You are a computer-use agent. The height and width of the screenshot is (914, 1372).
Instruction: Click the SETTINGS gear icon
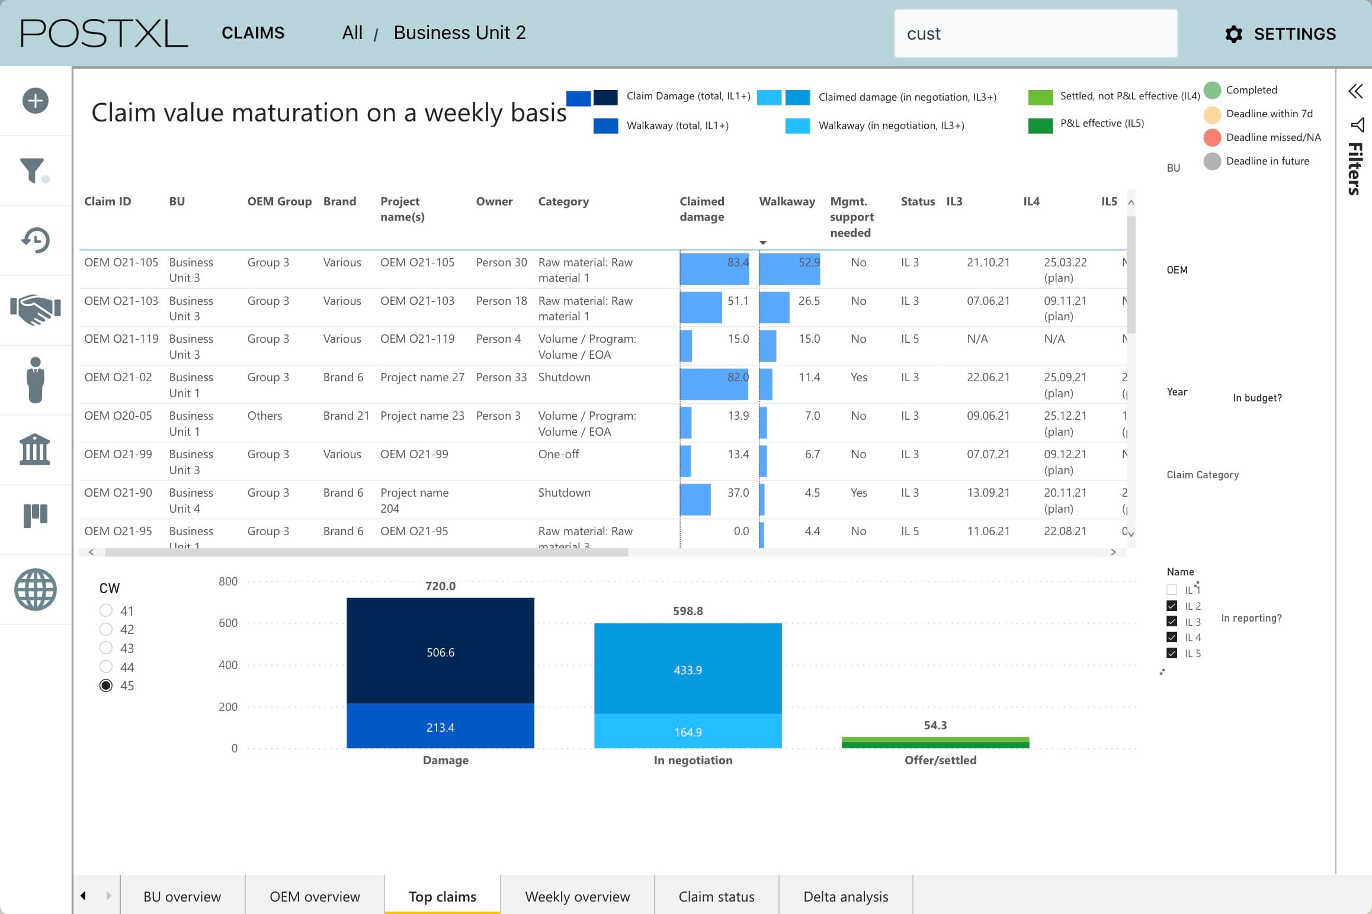pos(1233,34)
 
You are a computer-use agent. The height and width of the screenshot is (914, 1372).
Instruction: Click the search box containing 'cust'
pos(1035,34)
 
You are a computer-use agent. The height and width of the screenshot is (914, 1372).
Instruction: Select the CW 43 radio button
pos(106,648)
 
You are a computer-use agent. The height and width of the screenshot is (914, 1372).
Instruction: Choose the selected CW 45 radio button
pos(106,685)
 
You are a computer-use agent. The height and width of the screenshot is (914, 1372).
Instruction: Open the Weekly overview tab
pos(577,896)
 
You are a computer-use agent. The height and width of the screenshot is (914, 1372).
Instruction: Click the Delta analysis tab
pos(845,896)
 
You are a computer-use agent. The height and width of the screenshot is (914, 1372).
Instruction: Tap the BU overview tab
pos(182,896)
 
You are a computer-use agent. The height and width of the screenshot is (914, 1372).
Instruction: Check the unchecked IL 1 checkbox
pos(1171,590)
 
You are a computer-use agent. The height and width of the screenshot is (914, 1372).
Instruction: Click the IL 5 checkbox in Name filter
pos(1171,653)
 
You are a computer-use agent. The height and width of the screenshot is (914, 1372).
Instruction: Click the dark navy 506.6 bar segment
pos(440,651)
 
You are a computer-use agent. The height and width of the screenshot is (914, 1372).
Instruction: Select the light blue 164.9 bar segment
pos(687,732)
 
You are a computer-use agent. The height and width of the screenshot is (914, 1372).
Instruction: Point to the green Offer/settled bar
pos(935,742)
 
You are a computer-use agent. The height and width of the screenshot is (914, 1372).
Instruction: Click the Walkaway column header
pos(786,201)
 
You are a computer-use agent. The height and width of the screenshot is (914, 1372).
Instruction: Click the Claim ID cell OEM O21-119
pos(121,339)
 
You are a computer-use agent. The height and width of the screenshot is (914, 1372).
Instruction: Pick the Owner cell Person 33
pos(501,377)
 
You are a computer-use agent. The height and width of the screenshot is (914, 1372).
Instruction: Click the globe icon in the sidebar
pos(36,590)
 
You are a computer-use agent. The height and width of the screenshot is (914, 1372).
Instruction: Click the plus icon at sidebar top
pos(36,101)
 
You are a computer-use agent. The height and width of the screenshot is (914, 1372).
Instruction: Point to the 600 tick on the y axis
pos(228,623)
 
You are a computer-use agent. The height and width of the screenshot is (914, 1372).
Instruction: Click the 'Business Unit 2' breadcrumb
pos(459,33)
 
